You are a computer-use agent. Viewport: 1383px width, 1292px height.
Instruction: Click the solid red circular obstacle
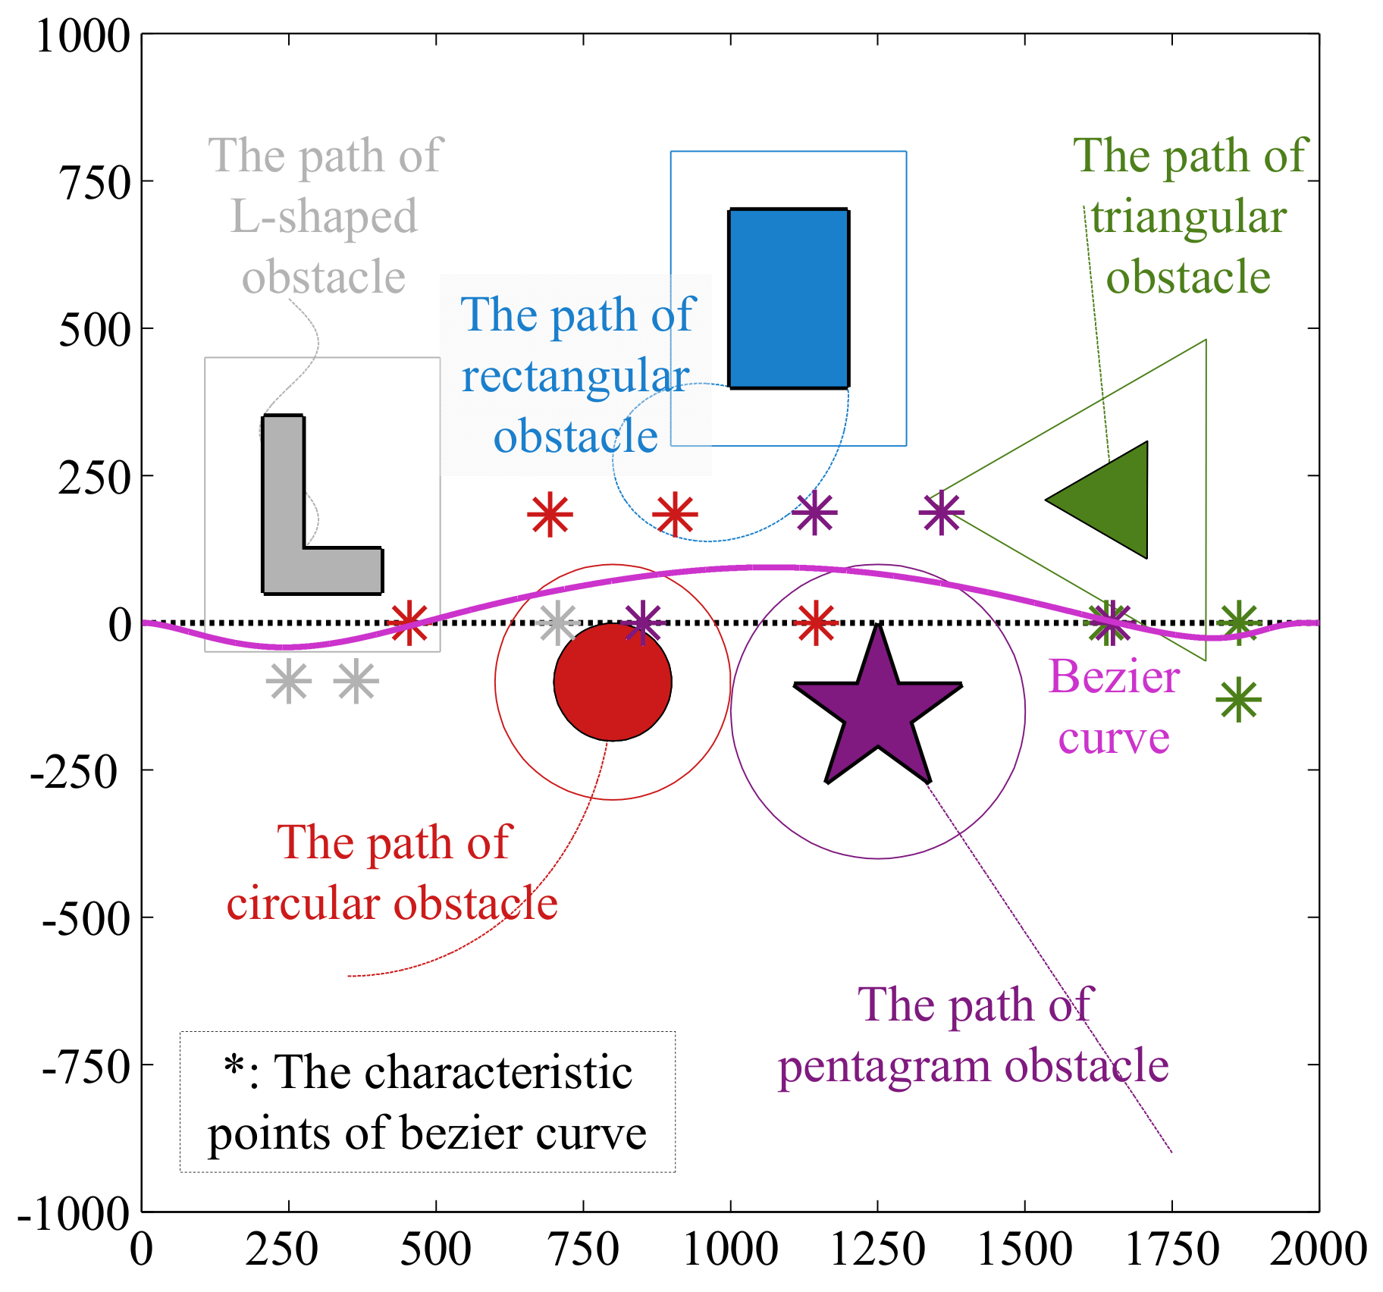pos(613,682)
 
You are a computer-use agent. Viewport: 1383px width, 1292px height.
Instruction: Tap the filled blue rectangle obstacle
pos(789,299)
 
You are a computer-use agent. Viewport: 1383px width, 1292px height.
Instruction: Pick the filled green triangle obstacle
pos(1115,500)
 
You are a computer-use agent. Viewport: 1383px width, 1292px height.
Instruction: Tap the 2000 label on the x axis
pos(1318,1250)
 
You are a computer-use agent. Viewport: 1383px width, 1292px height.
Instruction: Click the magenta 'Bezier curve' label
pos(1114,707)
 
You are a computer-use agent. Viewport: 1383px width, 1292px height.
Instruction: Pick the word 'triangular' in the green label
pos(1188,217)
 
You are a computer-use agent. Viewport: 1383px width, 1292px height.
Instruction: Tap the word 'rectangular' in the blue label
pos(575,376)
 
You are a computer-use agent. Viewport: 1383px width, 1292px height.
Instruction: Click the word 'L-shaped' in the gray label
pos(324,216)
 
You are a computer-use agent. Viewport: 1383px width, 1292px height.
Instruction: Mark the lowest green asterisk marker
pos(1238,700)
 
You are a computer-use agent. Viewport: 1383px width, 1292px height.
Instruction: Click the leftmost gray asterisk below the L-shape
pos(288,682)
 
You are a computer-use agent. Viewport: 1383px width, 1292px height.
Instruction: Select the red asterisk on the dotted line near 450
pos(409,623)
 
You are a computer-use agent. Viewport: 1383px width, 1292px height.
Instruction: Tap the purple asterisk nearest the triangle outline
pos(941,513)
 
